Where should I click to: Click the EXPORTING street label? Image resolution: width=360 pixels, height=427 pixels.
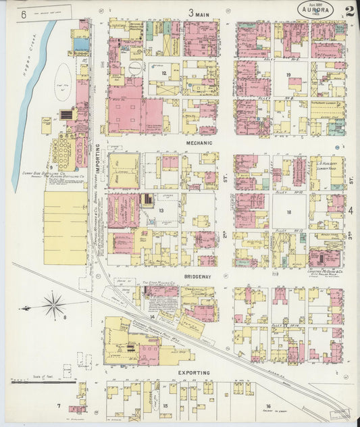point(194,372)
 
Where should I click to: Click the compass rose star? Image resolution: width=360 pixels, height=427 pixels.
point(53,307)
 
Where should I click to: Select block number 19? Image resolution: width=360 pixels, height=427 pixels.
point(288,75)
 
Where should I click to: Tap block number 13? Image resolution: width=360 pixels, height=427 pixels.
point(161,211)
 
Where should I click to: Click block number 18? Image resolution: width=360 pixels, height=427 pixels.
point(288,212)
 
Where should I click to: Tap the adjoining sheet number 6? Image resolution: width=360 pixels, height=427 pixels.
point(24,13)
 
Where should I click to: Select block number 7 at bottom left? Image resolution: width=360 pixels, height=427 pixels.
point(59,405)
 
